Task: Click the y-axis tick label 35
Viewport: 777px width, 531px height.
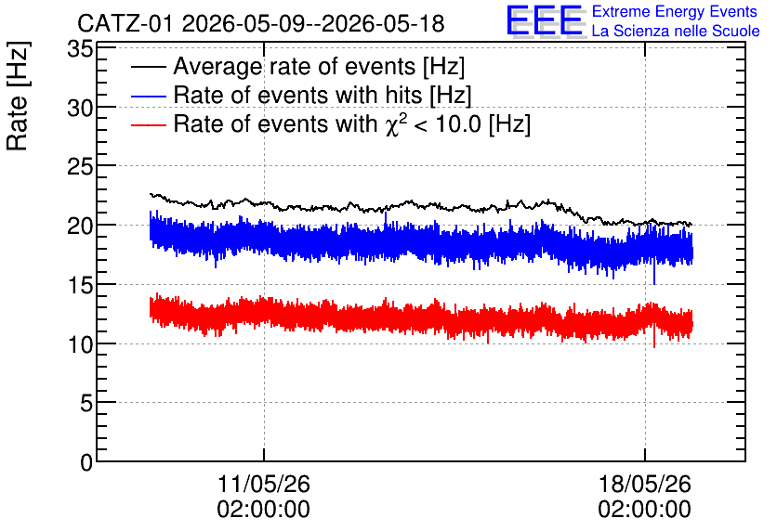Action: tap(80, 49)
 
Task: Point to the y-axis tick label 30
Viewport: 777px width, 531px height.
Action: tap(80, 108)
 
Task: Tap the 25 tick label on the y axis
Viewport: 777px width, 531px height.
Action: tap(80, 167)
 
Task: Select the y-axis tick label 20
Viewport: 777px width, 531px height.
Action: tap(80, 226)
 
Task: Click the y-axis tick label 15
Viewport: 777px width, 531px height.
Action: tap(80, 285)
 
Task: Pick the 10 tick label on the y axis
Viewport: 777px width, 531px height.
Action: tap(80, 344)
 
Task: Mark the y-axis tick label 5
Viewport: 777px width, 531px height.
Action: tap(86, 403)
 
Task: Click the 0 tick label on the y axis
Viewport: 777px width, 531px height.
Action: tap(86, 462)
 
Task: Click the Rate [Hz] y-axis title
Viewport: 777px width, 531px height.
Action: tap(18, 96)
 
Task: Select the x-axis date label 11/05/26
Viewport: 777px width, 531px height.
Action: tap(264, 484)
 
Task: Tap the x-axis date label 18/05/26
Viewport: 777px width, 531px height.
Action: tap(645, 484)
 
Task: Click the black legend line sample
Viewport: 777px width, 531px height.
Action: tap(148, 67)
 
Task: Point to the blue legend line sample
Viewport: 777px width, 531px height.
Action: tap(148, 96)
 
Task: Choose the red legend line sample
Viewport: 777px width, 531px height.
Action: tap(148, 124)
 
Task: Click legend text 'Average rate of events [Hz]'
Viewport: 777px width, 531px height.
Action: tap(319, 67)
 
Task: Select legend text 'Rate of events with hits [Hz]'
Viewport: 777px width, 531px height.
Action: tap(323, 96)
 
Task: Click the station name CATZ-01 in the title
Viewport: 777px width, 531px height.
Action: tap(125, 24)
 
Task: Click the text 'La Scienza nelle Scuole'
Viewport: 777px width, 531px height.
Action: tap(676, 32)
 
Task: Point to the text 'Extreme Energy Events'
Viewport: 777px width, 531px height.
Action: tap(675, 11)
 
